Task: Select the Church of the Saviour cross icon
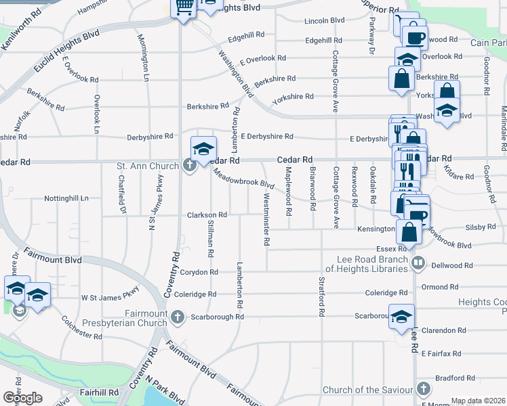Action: (424, 389)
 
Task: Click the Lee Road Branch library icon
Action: (418, 263)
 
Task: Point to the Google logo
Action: (22, 397)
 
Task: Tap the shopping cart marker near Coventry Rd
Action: (184, 8)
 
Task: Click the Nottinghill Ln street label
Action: (66, 199)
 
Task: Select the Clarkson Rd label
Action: (207, 215)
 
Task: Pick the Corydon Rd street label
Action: (199, 272)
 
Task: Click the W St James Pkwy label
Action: (110, 297)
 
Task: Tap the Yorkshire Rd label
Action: (292, 97)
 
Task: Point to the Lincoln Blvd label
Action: (325, 21)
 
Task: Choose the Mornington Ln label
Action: (142, 58)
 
